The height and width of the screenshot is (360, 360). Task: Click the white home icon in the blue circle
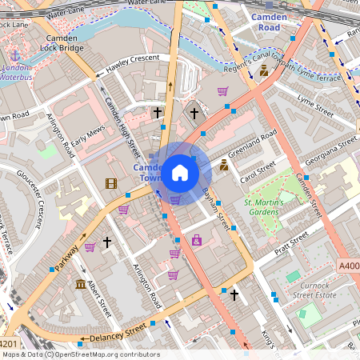pyautogui.click(x=180, y=172)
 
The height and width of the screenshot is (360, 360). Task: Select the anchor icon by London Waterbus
pyautogui.click(x=14, y=57)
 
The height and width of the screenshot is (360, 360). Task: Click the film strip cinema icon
pyautogui.click(x=110, y=184)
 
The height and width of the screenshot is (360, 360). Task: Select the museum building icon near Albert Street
pyautogui.click(x=80, y=285)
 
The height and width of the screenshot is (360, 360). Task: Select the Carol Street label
pyautogui.click(x=258, y=171)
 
